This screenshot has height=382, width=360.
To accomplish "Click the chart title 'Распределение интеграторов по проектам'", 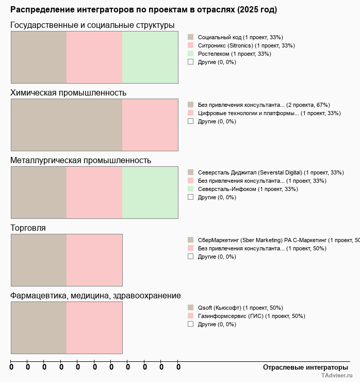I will point(143,10).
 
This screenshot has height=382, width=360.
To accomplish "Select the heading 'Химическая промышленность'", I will point(69,93).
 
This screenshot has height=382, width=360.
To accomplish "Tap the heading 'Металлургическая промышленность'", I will point(81,161).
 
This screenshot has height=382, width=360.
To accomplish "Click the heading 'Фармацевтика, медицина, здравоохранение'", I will point(95,296).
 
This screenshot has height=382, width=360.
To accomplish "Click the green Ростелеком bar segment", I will point(150,57).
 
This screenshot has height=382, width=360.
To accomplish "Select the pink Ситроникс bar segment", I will point(94,57).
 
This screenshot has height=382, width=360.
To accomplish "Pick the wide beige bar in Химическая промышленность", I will point(67,124).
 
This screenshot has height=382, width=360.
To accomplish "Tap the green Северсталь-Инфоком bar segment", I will point(150,192).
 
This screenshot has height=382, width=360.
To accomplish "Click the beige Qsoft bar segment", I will point(39,327).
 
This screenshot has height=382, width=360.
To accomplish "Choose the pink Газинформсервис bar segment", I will point(94,327).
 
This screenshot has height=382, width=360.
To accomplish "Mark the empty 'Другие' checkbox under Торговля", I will point(190,257).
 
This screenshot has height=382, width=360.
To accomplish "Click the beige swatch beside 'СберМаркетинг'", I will point(190,240).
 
